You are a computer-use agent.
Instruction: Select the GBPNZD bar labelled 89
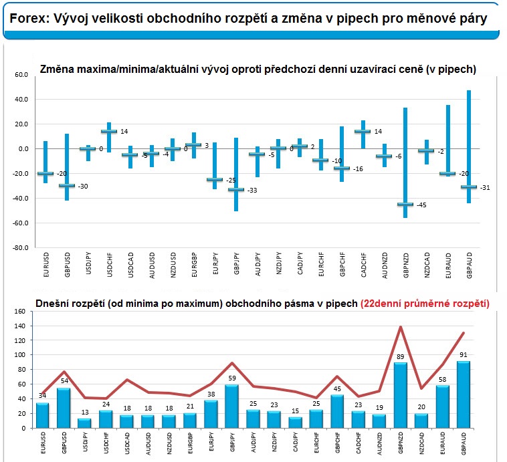(x=401, y=395)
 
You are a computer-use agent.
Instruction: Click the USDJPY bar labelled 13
(x=84, y=423)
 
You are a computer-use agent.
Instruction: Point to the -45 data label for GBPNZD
(x=421, y=205)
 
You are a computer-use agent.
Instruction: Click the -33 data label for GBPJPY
(x=253, y=191)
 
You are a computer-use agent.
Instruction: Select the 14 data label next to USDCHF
(x=124, y=132)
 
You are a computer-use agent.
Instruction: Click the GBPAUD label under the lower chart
(x=464, y=445)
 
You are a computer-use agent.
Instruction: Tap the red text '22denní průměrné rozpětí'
(x=425, y=302)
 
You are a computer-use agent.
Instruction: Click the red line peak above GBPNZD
(x=401, y=327)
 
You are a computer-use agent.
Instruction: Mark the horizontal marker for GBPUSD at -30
(x=66, y=186)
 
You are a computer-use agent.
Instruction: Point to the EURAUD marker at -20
(x=447, y=174)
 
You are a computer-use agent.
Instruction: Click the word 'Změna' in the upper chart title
(x=58, y=69)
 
